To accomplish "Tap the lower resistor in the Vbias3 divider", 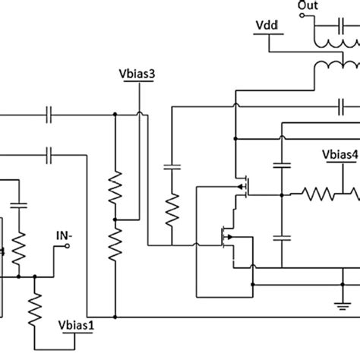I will pos(115,242).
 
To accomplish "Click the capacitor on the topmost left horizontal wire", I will pos(49,115).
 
